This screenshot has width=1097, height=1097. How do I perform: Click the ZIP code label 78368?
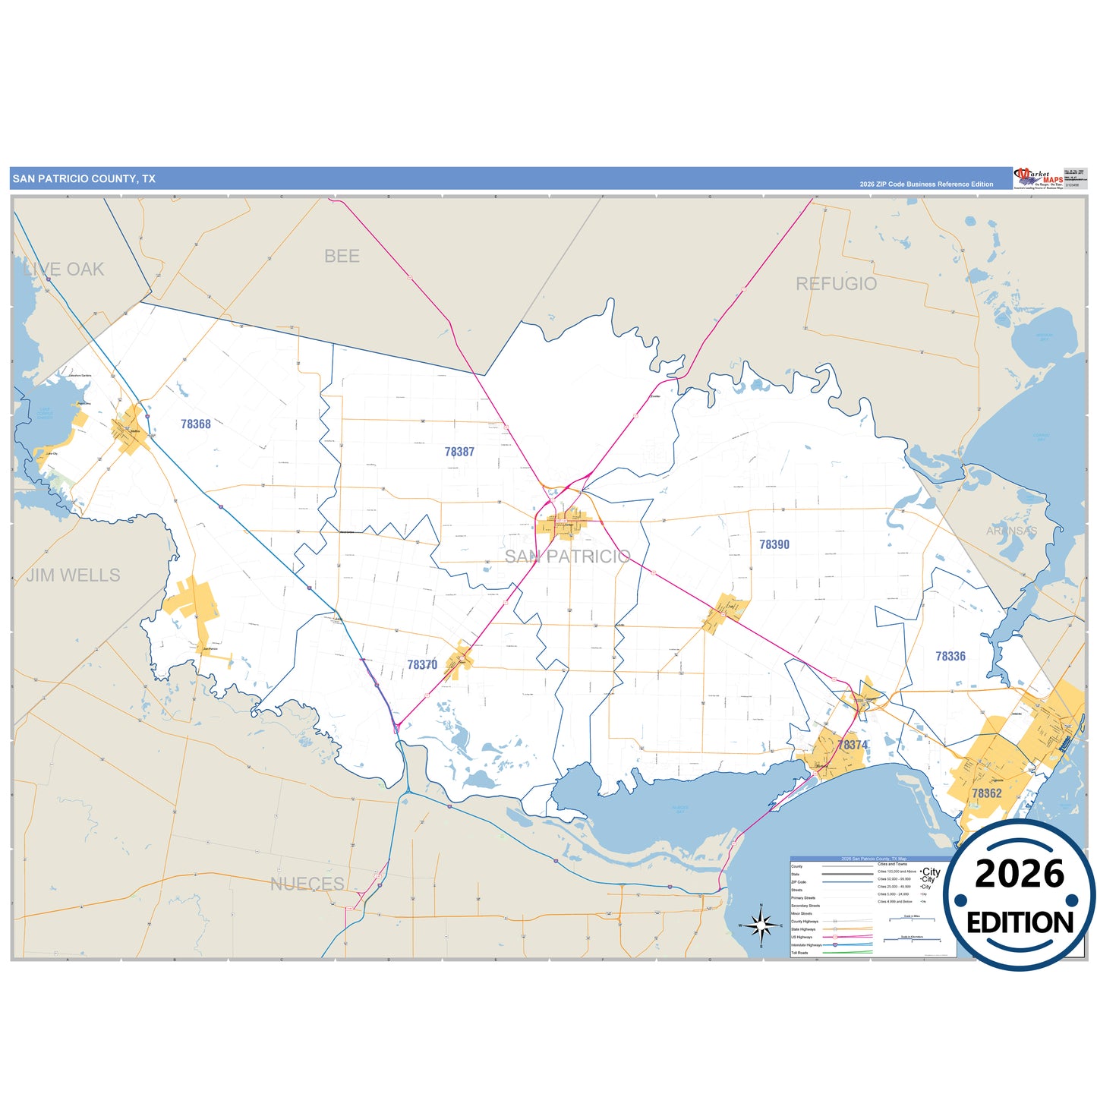pyautogui.click(x=196, y=424)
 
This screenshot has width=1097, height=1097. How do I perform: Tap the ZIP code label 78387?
pyautogui.click(x=459, y=452)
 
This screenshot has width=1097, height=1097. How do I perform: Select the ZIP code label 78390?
pyautogui.click(x=774, y=544)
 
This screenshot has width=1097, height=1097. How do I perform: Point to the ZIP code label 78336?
pyautogui.click(x=950, y=656)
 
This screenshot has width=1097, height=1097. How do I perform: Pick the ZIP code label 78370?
pyautogui.click(x=422, y=665)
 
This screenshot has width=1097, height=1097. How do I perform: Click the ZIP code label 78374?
pyautogui.click(x=853, y=745)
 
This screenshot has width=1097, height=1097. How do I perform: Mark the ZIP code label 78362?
pyautogui.click(x=987, y=793)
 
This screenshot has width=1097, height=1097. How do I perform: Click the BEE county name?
pyautogui.click(x=342, y=257)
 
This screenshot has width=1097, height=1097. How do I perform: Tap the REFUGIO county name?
pyautogui.click(x=836, y=284)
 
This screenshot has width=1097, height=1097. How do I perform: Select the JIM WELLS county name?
pyautogui.click(x=74, y=575)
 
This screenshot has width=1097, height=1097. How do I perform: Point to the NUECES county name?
pyautogui.click(x=307, y=884)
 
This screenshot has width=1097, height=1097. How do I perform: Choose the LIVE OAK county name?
pyautogui.click(x=64, y=270)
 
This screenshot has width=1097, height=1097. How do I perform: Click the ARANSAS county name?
pyautogui.click(x=1011, y=531)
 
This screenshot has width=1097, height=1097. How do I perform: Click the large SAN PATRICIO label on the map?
pyautogui.click(x=567, y=556)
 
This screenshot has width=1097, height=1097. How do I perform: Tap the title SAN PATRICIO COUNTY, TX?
pyautogui.click(x=84, y=179)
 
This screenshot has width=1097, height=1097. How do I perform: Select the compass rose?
pyautogui.click(x=761, y=925)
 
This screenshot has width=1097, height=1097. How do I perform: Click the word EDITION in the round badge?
pyautogui.click(x=1020, y=922)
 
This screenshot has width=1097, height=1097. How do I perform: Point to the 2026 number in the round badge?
pyautogui.click(x=1020, y=875)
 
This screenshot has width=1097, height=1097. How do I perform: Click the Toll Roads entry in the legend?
pyautogui.click(x=800, y=953)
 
